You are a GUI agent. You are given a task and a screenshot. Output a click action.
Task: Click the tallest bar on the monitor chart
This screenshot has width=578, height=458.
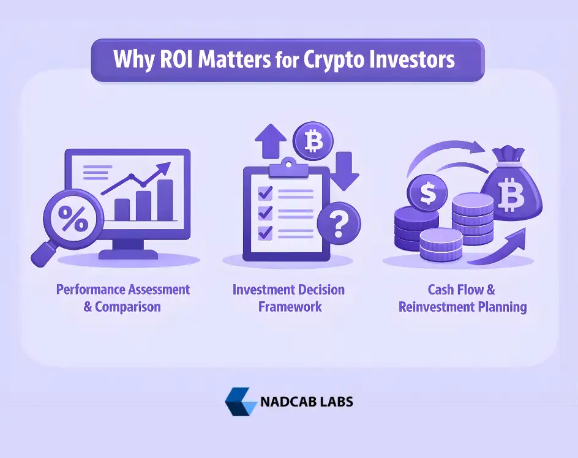pyautogui.click(x=165, y=200)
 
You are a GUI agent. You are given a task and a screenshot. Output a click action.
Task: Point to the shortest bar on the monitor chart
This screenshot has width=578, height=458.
pyautogui.click(x=122, y=209)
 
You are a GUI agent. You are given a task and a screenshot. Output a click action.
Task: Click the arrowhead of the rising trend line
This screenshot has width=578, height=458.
pyautogui.click(x=165, y=168)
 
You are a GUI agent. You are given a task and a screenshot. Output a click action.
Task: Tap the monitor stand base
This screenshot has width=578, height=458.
pyautogui.click(x=127, y=253)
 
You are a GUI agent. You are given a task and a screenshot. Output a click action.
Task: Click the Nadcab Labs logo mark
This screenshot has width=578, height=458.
pyautogui.click(x=240, y=402)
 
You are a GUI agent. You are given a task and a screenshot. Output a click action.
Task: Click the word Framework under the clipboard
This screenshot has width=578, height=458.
pyautogui.click(x=290, y=307)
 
